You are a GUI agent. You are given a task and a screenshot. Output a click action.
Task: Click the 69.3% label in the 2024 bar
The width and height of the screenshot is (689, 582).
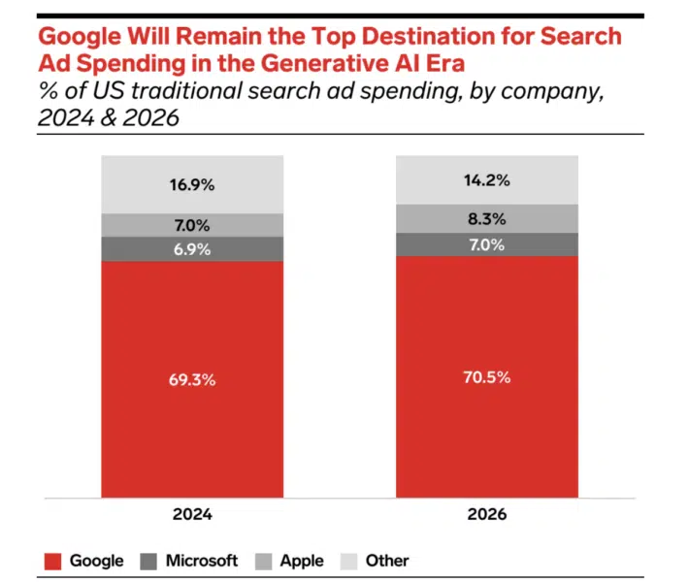tap(192, 379)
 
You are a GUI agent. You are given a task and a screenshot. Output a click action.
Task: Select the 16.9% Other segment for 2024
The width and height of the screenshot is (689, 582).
tap(192, 185)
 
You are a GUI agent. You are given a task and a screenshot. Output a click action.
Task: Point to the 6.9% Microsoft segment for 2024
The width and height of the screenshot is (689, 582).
tap(192, 249)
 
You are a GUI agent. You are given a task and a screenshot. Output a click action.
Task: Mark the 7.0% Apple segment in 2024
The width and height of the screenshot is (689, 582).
tap(192, 225)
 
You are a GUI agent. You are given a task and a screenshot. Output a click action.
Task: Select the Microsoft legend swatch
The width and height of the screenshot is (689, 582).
tap(150, 561)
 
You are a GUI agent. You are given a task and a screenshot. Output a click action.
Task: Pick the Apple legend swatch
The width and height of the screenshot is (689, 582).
tap(263, 561)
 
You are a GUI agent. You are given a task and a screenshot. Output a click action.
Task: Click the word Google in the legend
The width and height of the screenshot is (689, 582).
tap(96, 561)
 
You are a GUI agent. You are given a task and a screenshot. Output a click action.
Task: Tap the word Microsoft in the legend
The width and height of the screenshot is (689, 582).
tap(201, 561)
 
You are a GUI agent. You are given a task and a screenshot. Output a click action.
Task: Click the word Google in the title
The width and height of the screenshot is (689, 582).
tap(73, 38)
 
